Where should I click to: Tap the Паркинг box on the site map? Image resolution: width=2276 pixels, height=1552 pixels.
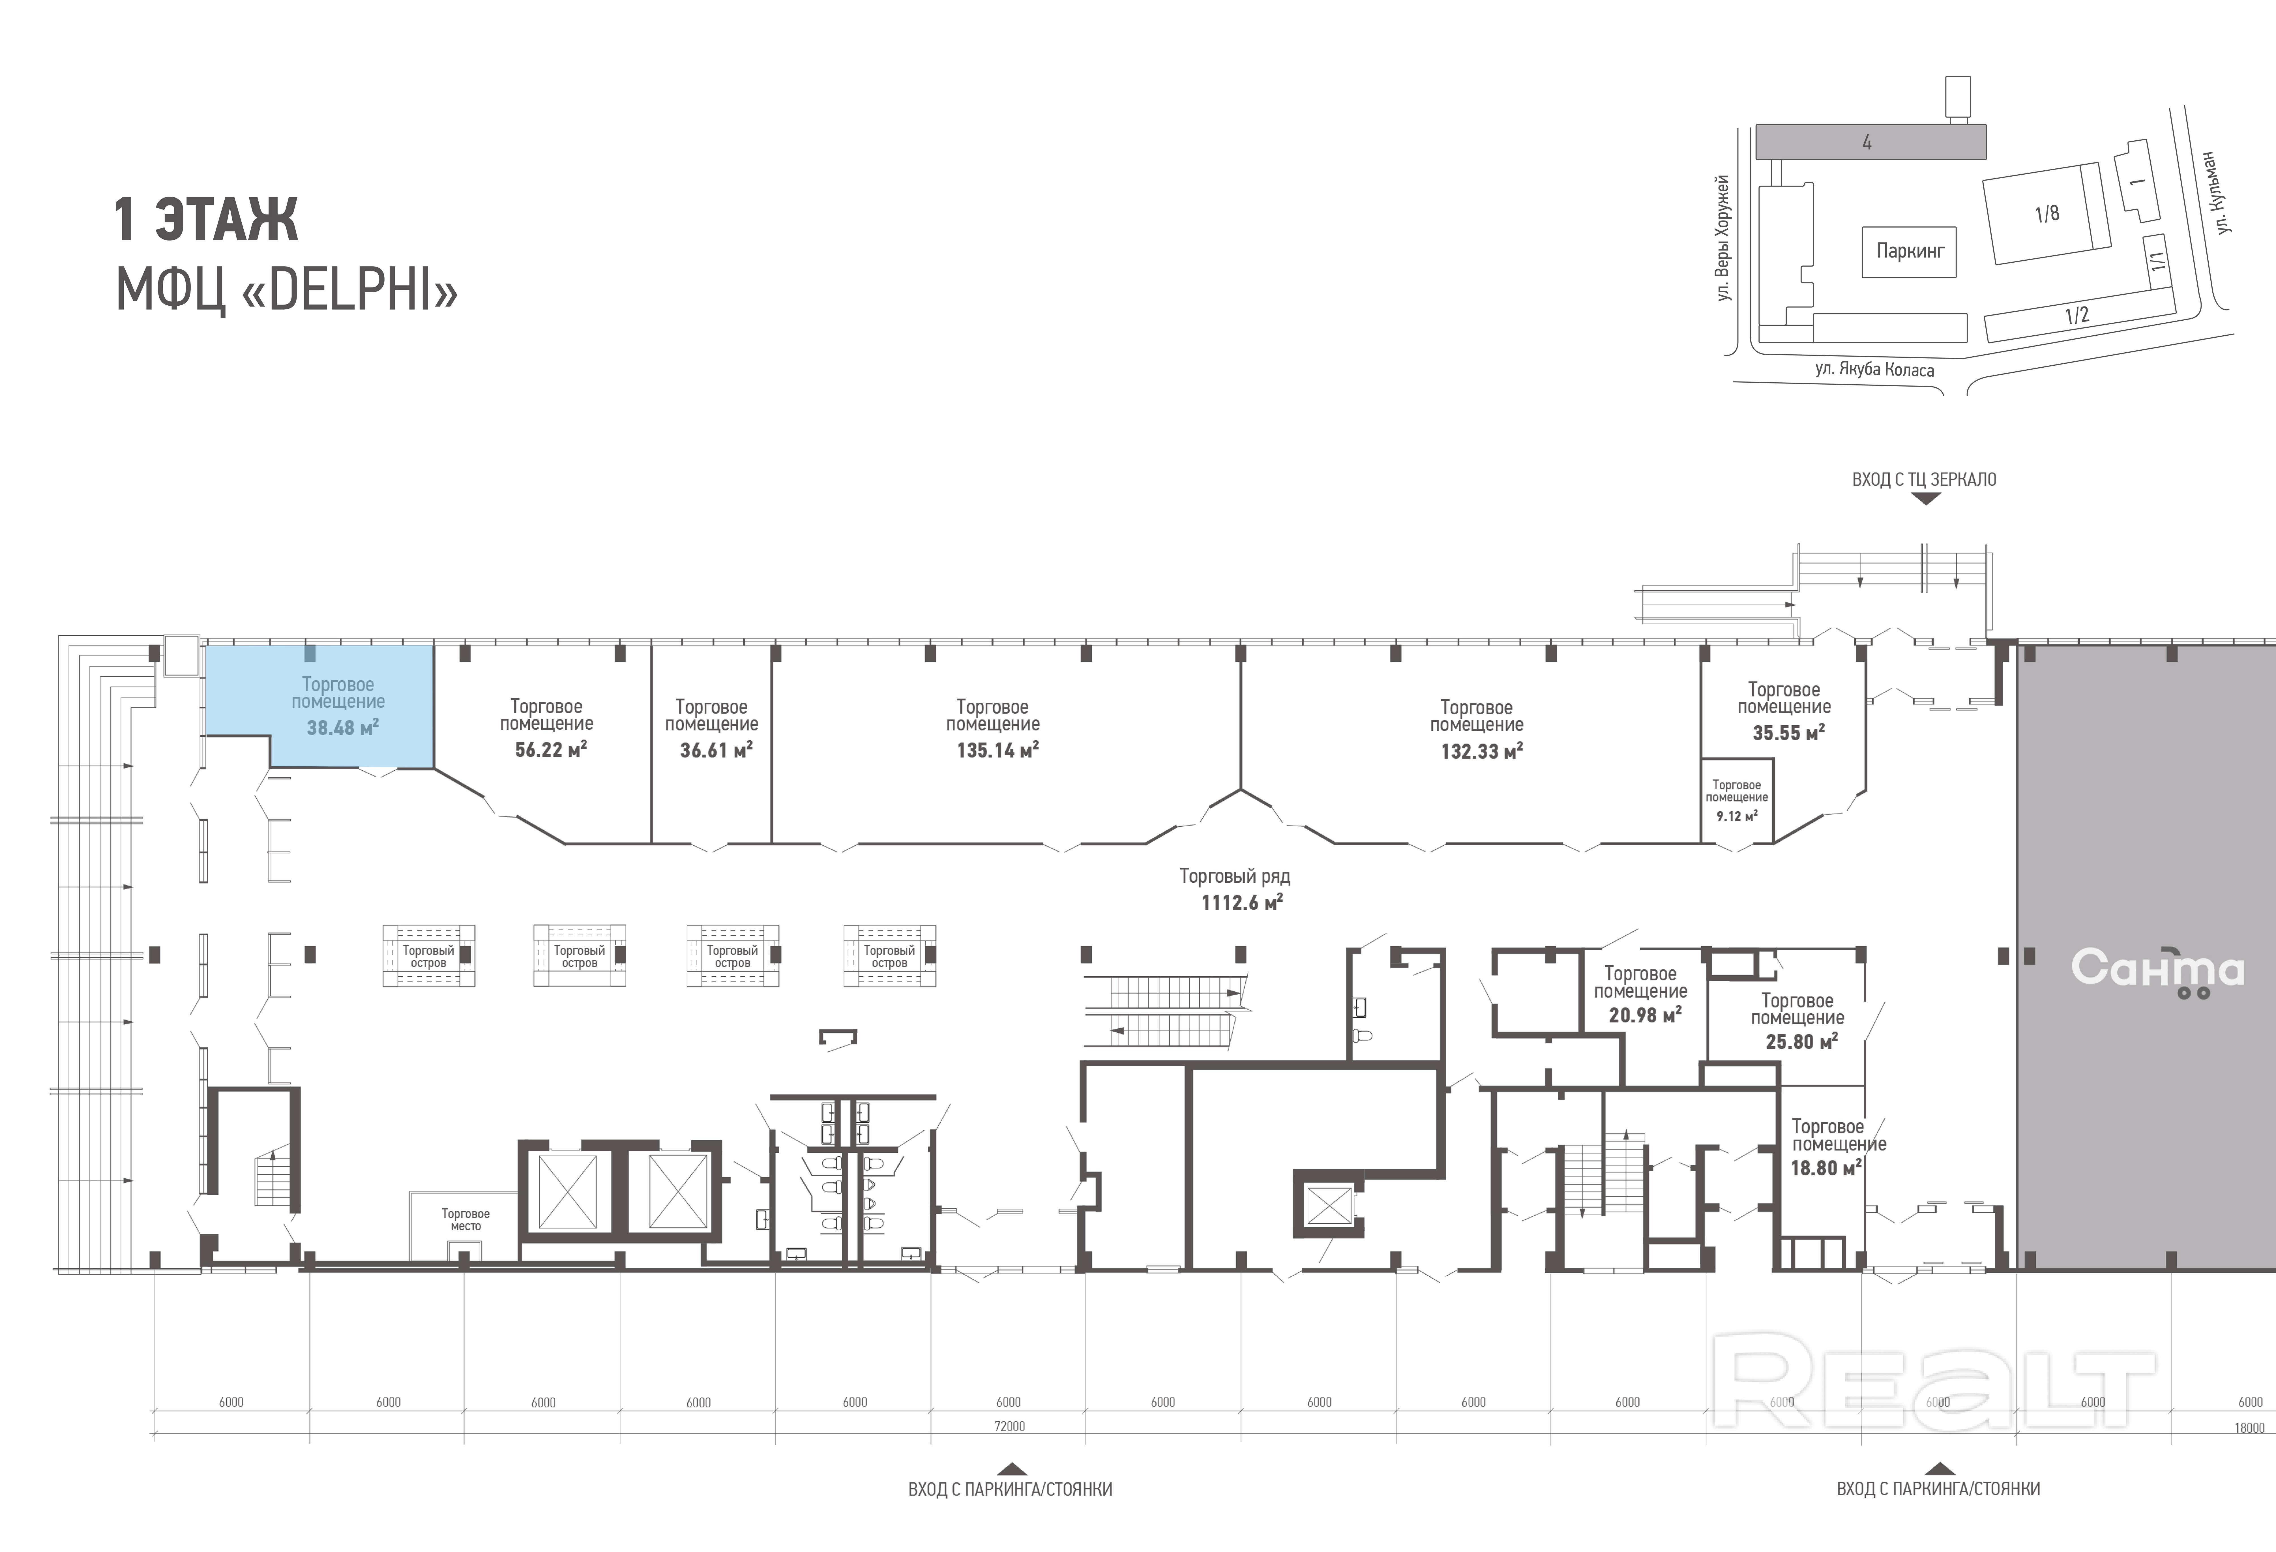tap(1910, 252)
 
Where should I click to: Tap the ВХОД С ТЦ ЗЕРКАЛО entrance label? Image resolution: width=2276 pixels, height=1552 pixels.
tap(1925, 480)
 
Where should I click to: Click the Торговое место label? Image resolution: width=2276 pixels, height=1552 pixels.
tap(465, 1220)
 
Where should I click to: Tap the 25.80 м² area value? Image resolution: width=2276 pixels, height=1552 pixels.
tap(1801, 1042)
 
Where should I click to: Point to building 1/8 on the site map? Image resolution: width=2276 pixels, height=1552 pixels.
tap(2046, 213)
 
